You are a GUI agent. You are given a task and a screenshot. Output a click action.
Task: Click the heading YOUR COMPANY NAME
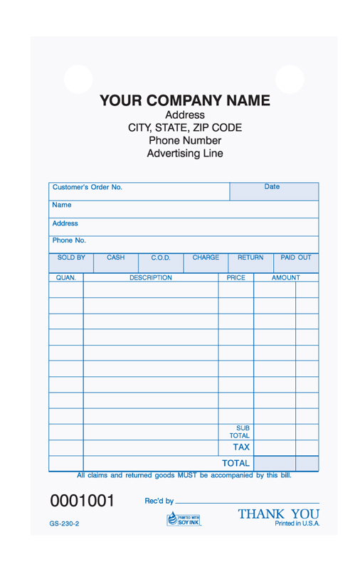pyautogui.click(x=184, y=100)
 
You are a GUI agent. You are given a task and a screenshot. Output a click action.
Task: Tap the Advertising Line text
pyautogui.click(x=184, y=153)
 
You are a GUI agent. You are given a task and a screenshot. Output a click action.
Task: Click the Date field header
pyautogui.click(x=272, y=187)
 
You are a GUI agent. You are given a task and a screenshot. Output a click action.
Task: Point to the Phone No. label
pyautogui.click(x=69, y=240)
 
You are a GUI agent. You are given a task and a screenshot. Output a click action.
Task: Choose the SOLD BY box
pyautogui.click(x=70, y=261)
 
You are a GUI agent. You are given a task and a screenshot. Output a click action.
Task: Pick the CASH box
pyautogui.click(x=116, y=261)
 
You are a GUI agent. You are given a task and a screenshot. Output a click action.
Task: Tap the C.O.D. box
pyautogui.click(x=161, y=261)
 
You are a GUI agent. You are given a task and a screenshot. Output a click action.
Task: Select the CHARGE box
pyautogui.click(x=206, y=261)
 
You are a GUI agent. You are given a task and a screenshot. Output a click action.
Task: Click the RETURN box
pyautogui.click(x=250, y=261)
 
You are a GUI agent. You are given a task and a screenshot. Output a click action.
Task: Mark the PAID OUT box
pyautogui.click(x=296, y=261)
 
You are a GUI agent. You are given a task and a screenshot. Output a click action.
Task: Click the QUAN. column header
pyautogui.click(x=66, y=278)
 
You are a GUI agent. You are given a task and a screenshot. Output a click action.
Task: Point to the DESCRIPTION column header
pyautogui.click(x=151, y=278)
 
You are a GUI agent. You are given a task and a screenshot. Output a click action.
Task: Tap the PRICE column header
pyautogui.click(x=235, y=278)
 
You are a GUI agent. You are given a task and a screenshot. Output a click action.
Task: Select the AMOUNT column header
pyautogui.click(x=285, y=278)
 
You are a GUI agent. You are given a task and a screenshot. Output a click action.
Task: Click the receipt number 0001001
pyautogui.click(x=82, y=500)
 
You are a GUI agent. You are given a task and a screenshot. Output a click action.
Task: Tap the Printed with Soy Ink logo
pyautogui.click(x=184, y=519)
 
